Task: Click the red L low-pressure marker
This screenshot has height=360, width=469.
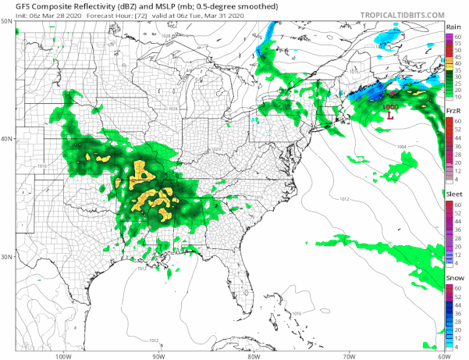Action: tap(389, 115)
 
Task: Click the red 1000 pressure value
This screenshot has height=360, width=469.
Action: tap(389, 106)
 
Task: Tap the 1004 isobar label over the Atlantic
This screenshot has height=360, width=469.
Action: tap(401, 146)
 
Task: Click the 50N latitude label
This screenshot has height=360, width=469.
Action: tap(8, 21)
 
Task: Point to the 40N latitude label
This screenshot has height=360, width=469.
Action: tap(8, 139)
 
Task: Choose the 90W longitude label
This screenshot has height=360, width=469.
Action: tap(158, 355)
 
